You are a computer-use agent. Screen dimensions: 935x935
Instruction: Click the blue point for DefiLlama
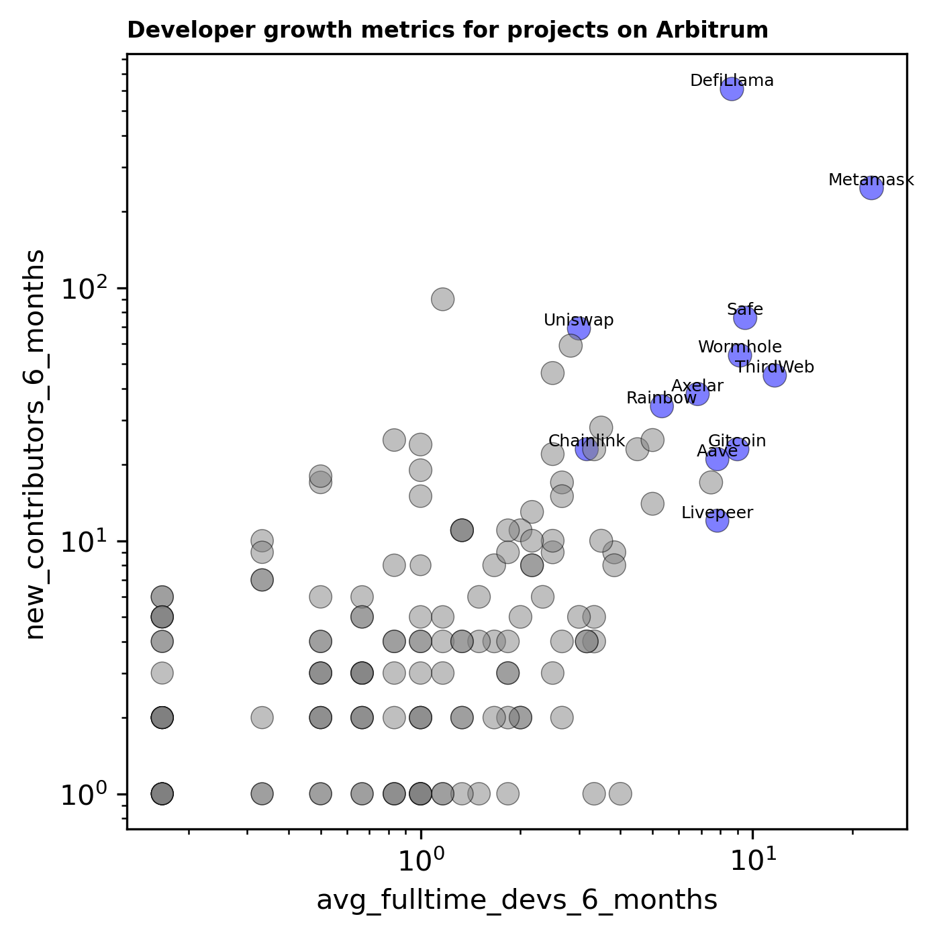click(x=732, y=89)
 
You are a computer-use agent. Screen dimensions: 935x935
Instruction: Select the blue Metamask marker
click(x=871, y=188)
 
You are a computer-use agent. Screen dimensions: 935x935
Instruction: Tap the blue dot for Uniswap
click(x=579, y=328)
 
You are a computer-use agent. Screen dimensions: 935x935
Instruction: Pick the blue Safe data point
click(x=745, y=317)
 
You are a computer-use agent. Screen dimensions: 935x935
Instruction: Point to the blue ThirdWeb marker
click(x=775, y=376)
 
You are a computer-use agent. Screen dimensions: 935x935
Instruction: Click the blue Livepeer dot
click(x=718, y=520)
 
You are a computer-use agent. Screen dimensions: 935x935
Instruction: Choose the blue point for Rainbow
click(x=662, y=405)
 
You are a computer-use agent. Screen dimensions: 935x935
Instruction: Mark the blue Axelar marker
click(x=698, y=393)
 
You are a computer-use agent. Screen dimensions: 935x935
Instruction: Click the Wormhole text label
click(x=740, y=347)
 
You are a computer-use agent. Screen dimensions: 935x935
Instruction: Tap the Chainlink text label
click(x=587, y=441)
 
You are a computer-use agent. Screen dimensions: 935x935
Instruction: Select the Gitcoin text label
click(x=737, y=441)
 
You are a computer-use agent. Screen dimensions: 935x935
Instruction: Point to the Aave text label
click(x=717, y=451)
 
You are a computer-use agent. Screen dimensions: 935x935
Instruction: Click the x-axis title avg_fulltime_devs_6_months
click(x=517, y=901)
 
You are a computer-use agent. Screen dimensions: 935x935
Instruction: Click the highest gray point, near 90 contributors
click(x=442, y=299)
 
